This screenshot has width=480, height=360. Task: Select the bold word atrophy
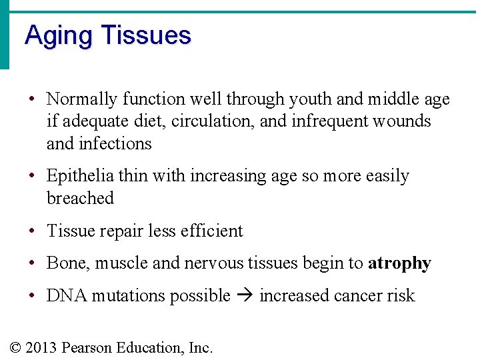(399, 263)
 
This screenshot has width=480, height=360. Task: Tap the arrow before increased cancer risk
(245, 296)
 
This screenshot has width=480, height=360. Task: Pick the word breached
(80, 198)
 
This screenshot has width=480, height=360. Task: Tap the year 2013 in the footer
(41, 347)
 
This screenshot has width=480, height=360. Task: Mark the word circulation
(220, 121)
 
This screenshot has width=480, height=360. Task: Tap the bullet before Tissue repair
(32, 231)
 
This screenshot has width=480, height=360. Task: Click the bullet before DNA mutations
(32, 296)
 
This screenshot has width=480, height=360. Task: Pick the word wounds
(403, 121)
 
